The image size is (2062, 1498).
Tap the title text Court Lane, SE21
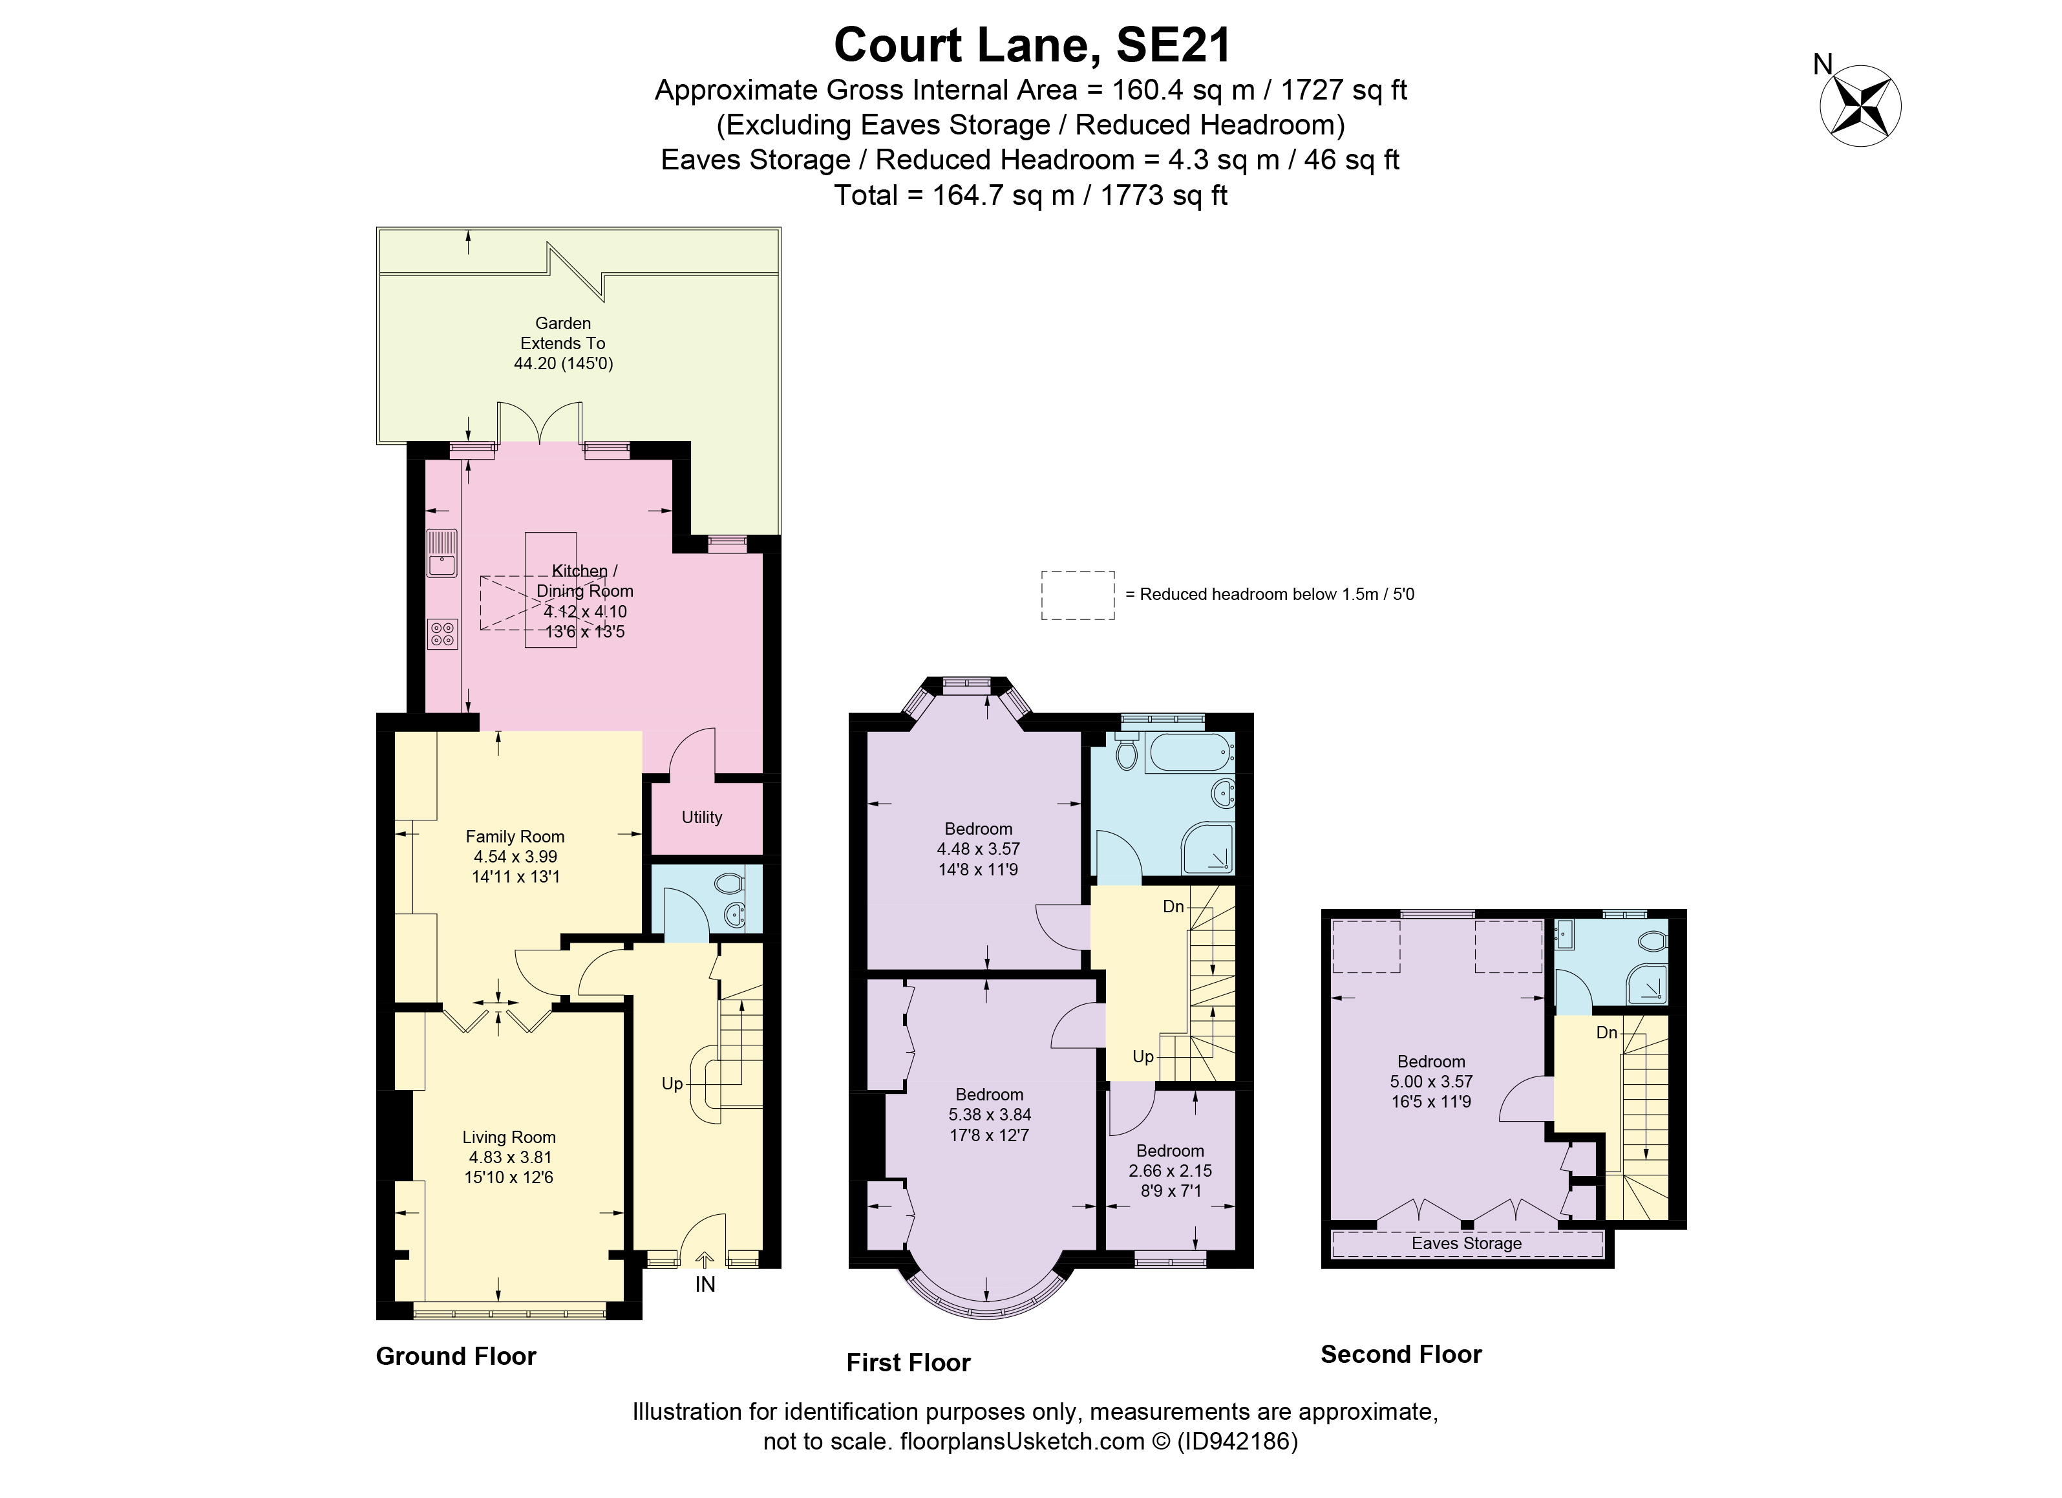pos(1031,45)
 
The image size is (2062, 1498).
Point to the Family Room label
pos(515,836)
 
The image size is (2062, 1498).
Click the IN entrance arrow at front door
pos(705,1261)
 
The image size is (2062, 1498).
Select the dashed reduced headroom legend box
pos(1078,595)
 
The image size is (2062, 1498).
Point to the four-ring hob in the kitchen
pos(443,633)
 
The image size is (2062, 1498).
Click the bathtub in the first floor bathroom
pos(1188,753)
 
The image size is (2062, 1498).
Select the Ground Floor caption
pos(456,1356)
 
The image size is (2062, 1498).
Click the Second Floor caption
pos(1400,1354)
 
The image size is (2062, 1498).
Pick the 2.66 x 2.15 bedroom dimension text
pos(1169,1171)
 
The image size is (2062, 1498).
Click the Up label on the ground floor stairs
pos(671,1083)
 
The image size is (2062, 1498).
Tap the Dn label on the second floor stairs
pos(1606,1033)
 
